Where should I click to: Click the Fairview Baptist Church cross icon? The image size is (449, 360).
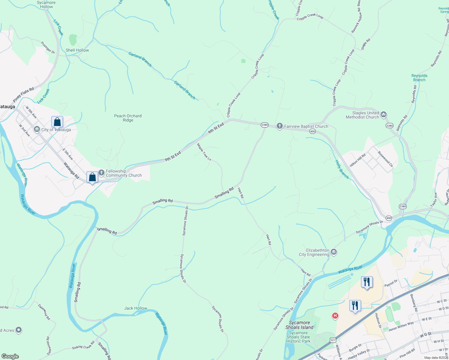click(x=279, y=126)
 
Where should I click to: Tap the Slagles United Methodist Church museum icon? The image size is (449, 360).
click(x=383, y=114)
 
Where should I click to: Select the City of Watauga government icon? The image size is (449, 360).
click(x=37, y=129)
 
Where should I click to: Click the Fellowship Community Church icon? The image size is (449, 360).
click(x=101, y=172)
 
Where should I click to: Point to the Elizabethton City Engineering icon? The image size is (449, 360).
click(x=334, y=252)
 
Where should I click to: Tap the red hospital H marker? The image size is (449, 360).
click(x=335, y=316)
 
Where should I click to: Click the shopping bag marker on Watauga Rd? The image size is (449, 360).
click(x=92, y=177)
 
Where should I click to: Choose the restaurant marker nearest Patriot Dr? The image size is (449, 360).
click(x=366, y=282)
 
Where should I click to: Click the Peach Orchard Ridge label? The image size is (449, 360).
click(x=128, y=118)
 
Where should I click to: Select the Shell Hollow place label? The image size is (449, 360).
click(x=77, y=50)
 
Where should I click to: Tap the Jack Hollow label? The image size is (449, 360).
click(x=136, y=308)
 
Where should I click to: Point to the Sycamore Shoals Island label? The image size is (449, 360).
click(x=299, y=325)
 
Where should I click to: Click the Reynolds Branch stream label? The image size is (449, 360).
click(x=419, y=78)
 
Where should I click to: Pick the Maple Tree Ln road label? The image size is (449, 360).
click(x=204, y=152)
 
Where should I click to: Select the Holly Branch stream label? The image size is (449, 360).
click(x=342, y=169)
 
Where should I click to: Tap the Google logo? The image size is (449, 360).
click(x=10, y=356)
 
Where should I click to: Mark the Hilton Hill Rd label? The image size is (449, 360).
click(x=357, y=160)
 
